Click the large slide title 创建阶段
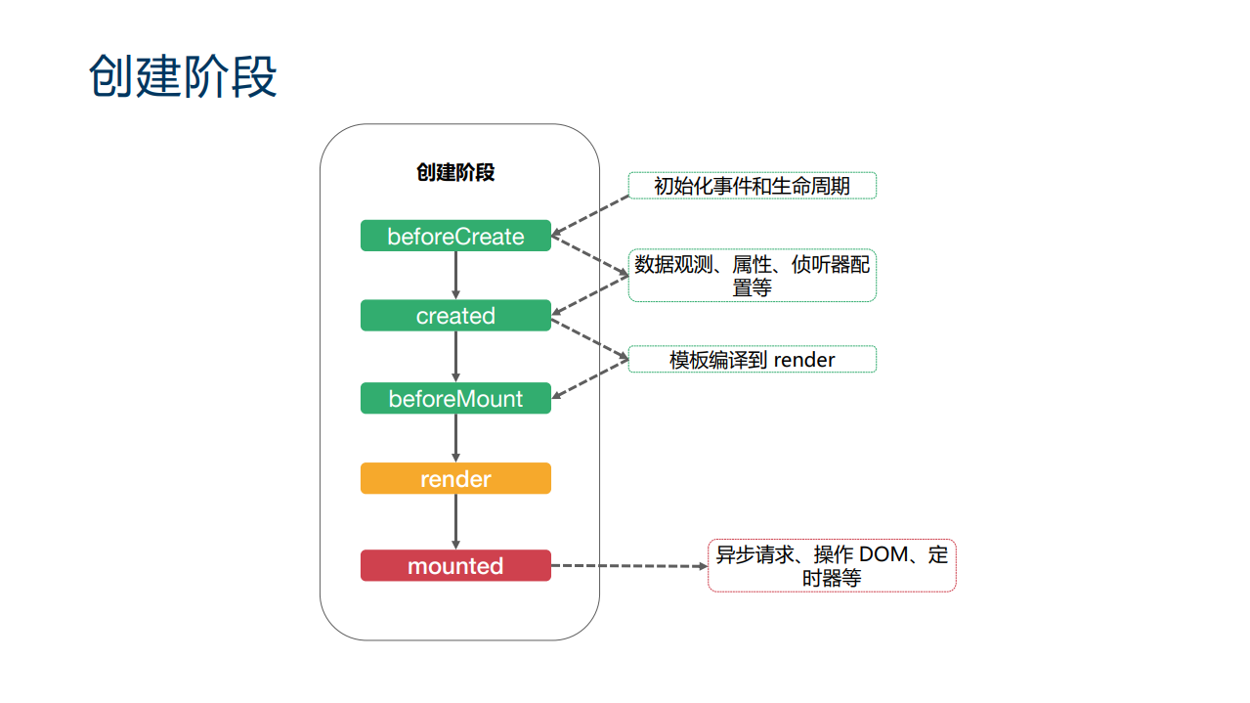(183, 76)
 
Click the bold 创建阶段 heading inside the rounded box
(455, 173)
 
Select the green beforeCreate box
(455, 237)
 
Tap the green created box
(455, 316)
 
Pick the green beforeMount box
(455, 399)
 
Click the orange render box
(455, 479)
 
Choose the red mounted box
(455, 566)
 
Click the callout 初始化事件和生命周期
(752, 186)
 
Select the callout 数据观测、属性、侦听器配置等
(752, 275)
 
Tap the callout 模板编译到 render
(752, 360)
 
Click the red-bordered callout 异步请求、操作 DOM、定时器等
(832, 566)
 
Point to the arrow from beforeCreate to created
(455, 276)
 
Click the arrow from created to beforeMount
(455, 357)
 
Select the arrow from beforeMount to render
(455, 438)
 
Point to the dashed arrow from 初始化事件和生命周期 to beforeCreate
(590, 216)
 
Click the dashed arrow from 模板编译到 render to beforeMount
(590, 379)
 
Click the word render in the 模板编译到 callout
(804, 360)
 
